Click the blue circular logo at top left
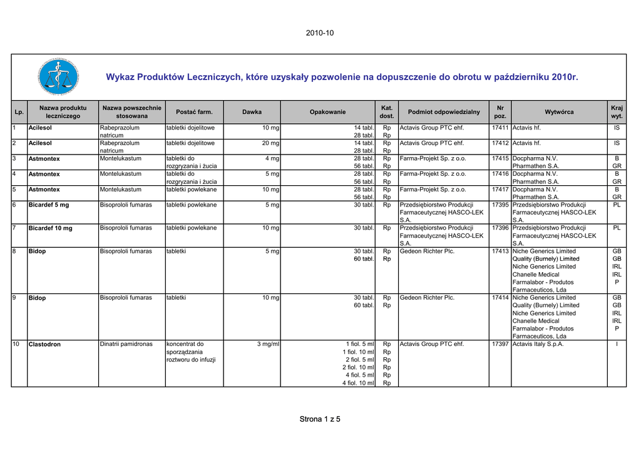[x=58, y=77]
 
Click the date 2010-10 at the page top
[x=320, y=33]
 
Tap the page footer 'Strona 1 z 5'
[x=320, y=419]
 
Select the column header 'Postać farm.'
[x=194, y=112]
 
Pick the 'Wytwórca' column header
[x=558, y=112]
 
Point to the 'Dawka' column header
[x=252, y=112]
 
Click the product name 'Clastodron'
[x=44, y=344]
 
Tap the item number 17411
[x=500, y=128]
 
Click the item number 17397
[x=500, y=344]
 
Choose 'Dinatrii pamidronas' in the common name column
[x=126, y=344]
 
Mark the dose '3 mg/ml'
[x=268, y=344]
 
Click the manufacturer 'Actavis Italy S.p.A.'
[x=538, y=344]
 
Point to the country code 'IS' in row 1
[x=616, y=128]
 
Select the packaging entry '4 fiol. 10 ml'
[x=358, y=383]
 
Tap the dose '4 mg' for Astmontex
[x=272, y=158]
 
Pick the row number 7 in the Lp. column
[x=14, y=227]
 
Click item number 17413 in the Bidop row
[x=500, y=251]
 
